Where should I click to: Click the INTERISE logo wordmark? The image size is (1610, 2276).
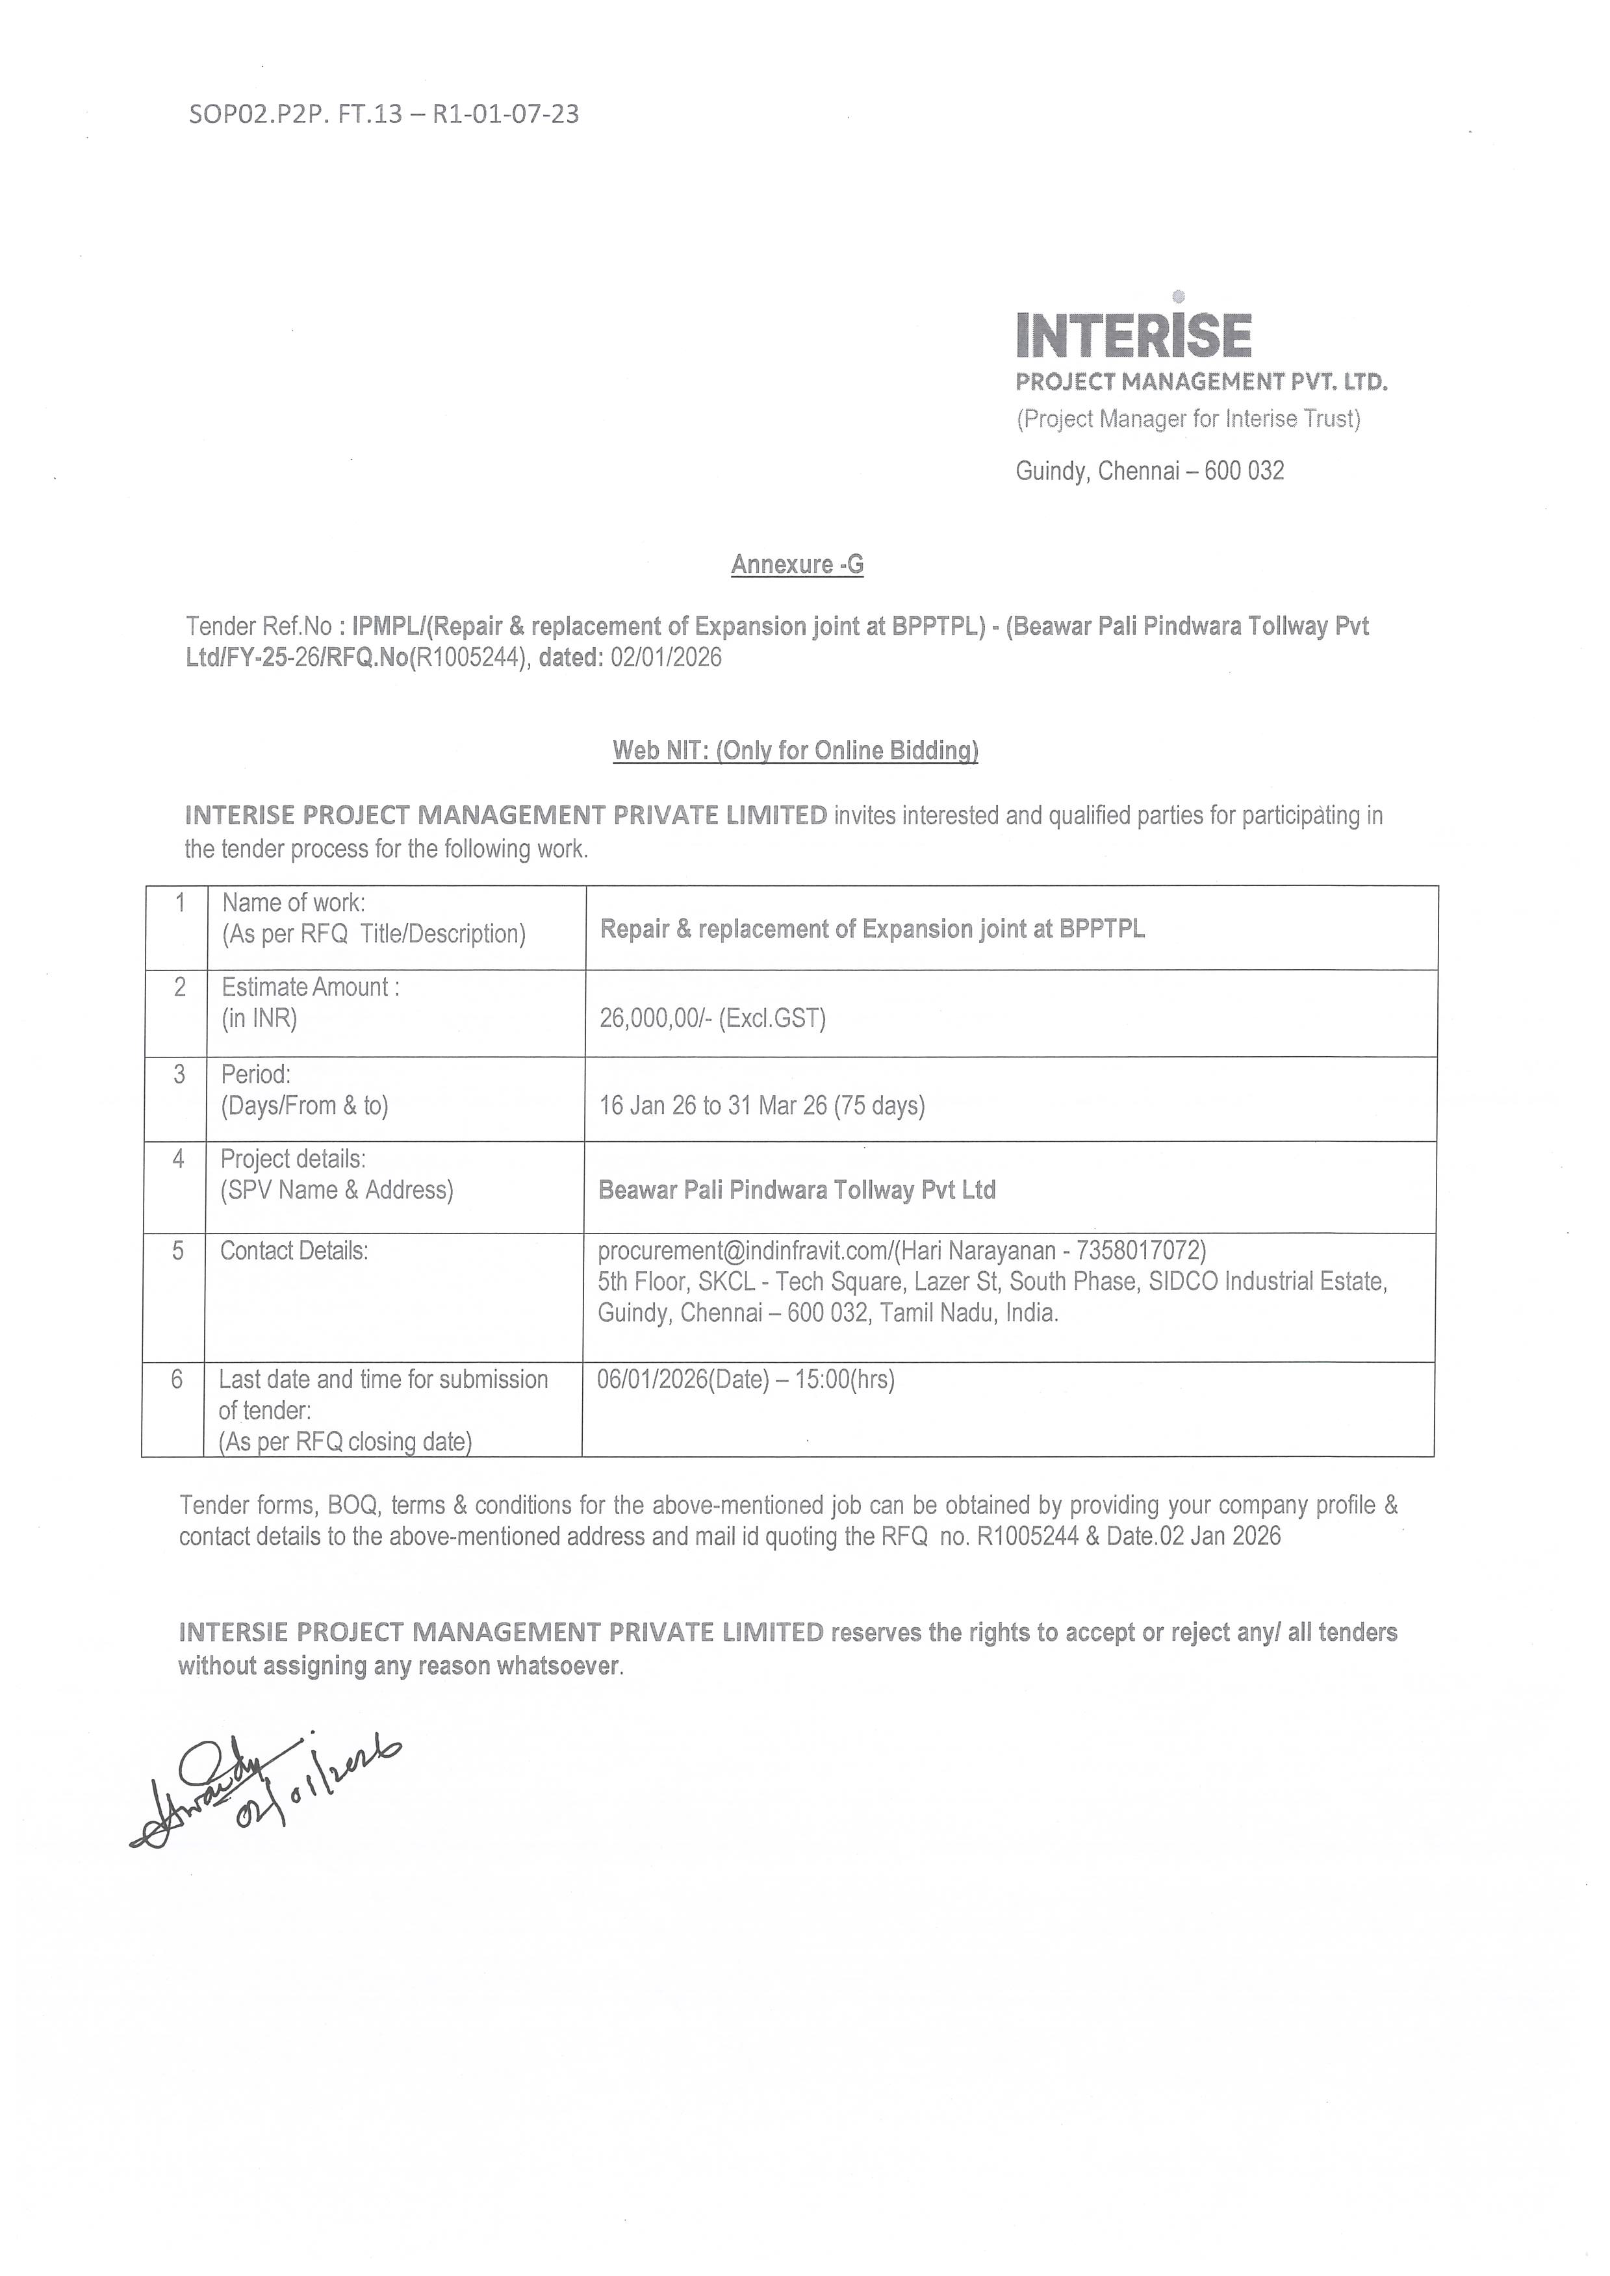(x=1133, y=334)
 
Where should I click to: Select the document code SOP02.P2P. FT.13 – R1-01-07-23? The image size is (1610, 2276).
(x=384, y=114)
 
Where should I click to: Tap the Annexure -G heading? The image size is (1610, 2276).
(x=797, y=564)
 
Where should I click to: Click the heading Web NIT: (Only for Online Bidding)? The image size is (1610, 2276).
(x=795, y=750)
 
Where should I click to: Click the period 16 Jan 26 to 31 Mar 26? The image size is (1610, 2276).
(x=761, y=1106)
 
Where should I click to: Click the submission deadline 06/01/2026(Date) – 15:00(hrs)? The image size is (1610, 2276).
(x=745, y=1380)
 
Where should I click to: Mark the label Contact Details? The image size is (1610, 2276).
(x=294, y=1251)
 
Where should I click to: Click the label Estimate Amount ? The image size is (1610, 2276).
(x=309, y=987)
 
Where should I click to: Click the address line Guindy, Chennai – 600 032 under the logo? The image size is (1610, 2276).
(x=1149, y=471)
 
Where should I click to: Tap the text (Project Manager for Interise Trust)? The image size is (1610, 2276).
(x=1188, y=420)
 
